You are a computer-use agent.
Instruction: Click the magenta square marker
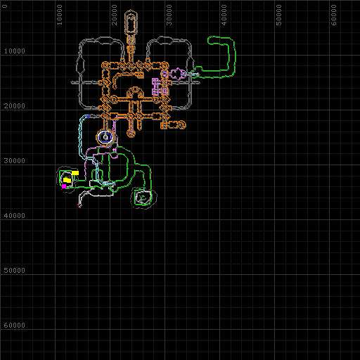click(64, 186)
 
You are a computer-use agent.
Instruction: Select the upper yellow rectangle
click(75, 173)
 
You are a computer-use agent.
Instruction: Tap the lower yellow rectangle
click(67, 180)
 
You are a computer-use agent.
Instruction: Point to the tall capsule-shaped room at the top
click(131, 23)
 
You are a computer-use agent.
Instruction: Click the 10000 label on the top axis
click(59, 15)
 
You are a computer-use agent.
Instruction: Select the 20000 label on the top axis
click(114, 15)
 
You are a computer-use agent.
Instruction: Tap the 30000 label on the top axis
click(169, 15)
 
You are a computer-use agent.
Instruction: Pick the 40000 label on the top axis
click(224, 15)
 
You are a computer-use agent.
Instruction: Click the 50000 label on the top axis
click(278, 15)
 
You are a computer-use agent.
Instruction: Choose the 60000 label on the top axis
click(334, 15)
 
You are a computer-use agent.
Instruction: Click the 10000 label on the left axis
click(15, 51)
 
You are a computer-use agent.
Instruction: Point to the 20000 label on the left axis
click(15, 106)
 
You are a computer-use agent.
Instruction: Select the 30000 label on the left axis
click(15, 161)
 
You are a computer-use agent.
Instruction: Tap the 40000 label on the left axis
click(15, 216)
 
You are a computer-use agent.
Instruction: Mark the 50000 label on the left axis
click(15, 271)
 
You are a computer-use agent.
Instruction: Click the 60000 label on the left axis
click(15, 326)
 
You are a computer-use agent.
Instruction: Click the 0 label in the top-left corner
click(5, 6)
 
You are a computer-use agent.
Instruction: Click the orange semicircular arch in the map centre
click(134, 89)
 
